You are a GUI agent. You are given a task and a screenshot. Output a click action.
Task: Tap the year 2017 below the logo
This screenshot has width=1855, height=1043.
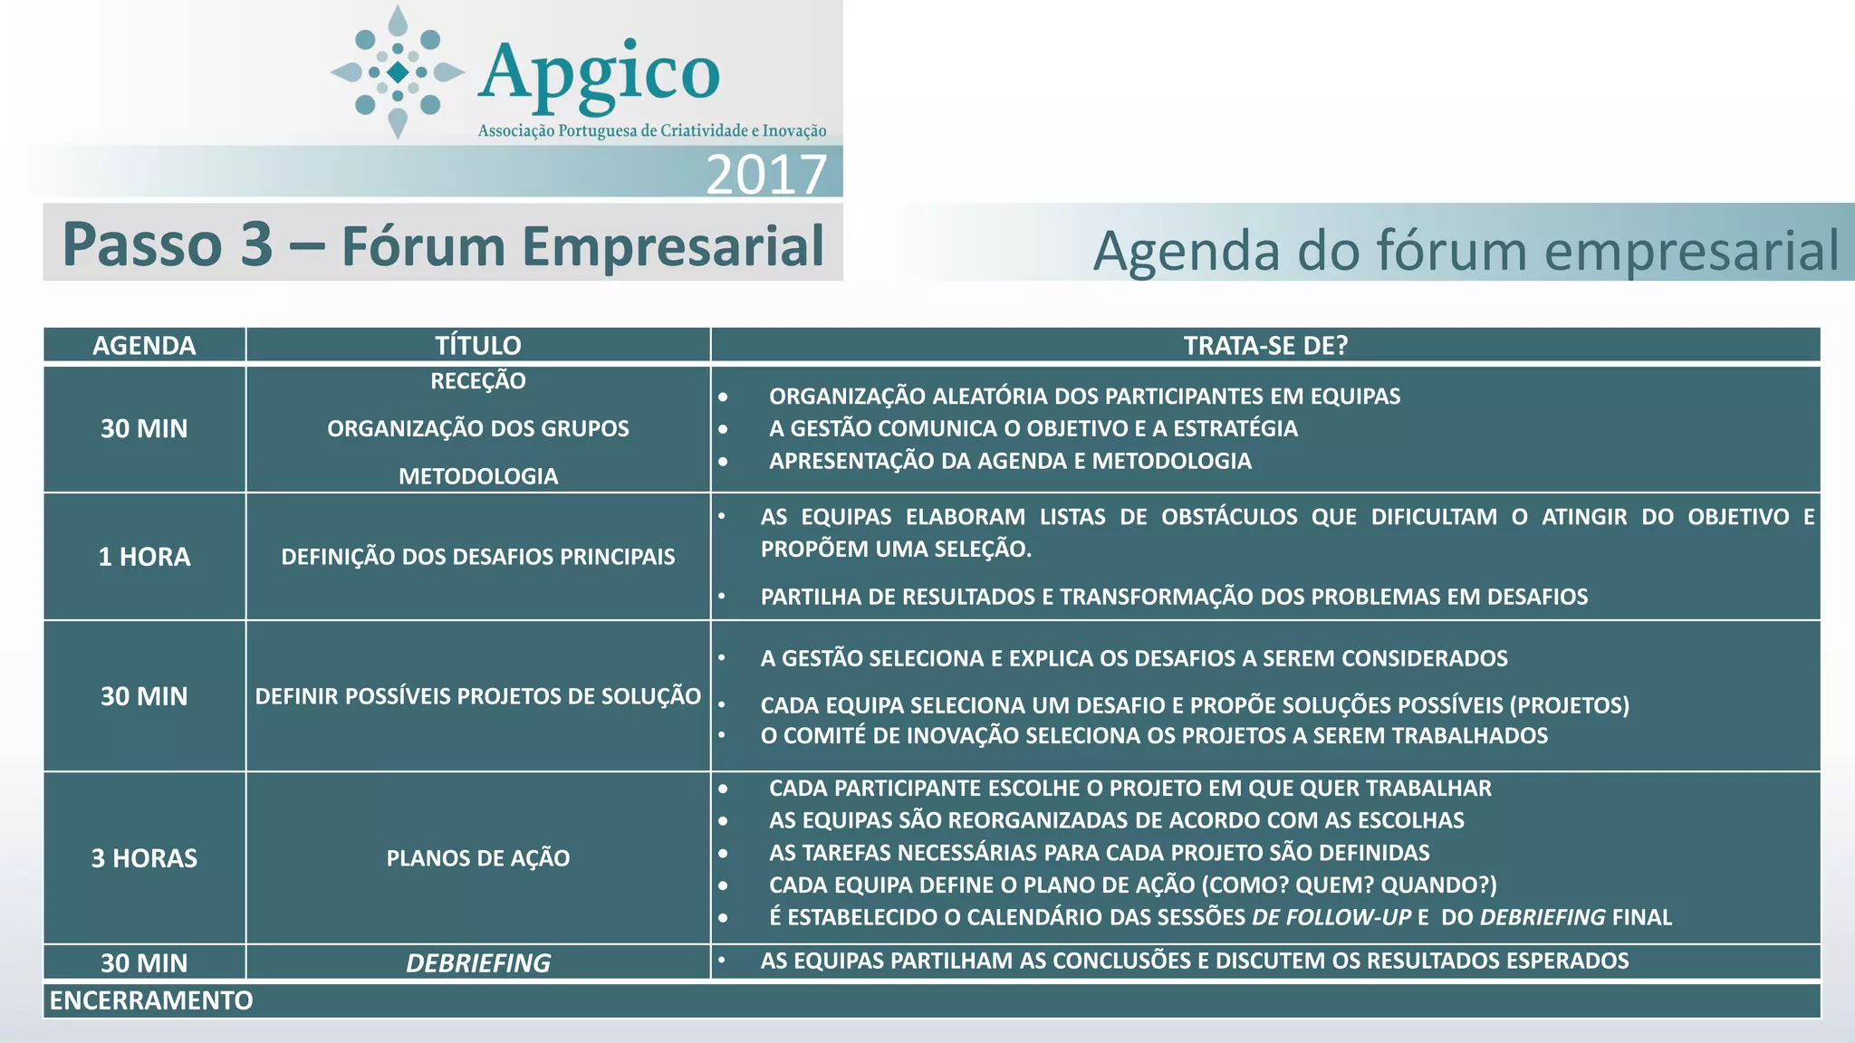(766, 174)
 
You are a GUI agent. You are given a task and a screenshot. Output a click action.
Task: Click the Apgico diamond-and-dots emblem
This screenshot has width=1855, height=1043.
(398, 72)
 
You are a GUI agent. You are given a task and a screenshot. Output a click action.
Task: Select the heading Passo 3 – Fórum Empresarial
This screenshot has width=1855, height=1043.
(443, 244)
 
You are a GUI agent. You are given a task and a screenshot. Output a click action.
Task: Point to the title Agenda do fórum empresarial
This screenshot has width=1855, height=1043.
(1466, 250)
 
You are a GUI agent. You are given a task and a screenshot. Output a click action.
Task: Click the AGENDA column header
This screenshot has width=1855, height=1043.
(144, 346)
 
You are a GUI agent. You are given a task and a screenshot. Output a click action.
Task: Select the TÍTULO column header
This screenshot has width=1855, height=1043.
(478, 346)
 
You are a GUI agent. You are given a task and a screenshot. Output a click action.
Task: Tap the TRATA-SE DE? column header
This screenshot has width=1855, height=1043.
(1265, 346)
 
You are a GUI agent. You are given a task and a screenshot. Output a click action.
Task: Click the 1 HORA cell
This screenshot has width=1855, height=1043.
(144, 557)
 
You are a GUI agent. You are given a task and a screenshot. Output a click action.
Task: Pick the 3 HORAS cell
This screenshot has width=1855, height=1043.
(144, 858)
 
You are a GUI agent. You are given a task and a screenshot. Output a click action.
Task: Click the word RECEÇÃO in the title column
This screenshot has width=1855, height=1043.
(478, 381)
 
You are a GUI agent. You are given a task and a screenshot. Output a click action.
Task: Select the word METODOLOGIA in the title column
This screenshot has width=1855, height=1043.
(478, 476)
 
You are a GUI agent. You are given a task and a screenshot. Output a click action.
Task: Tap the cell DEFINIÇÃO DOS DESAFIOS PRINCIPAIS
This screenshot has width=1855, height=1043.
(478, 557)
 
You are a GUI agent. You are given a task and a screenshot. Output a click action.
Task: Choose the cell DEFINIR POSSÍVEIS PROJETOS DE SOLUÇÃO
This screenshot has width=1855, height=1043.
(478, 696)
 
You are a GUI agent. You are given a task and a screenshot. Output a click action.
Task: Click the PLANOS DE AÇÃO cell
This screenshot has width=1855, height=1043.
(478, 858)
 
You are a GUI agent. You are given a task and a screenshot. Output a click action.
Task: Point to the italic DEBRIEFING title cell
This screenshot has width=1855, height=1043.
(478, 963)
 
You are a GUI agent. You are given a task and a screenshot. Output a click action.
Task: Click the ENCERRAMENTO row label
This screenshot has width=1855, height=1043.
(151, 1000)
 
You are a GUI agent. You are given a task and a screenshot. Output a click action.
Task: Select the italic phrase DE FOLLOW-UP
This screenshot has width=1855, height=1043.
(1331, 917)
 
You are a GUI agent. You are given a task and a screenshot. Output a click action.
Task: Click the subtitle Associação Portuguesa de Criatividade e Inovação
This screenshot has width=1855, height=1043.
(652, 131)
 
